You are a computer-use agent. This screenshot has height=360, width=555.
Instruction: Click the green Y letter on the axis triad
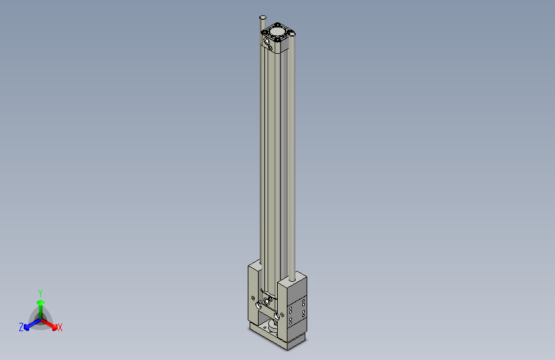[x=40, y=292]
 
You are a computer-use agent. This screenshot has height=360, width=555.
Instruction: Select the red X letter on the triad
[x=60, y=328]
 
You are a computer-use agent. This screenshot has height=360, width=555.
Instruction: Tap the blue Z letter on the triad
[x=21, y=327]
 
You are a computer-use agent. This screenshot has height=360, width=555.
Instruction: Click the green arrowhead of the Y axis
[x=40, y=301]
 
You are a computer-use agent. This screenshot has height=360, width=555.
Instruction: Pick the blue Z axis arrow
[x=29, y=325]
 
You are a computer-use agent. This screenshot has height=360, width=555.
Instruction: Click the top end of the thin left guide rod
[x=262, y=17]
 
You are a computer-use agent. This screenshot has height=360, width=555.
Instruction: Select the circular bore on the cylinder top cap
[x=279, y=30]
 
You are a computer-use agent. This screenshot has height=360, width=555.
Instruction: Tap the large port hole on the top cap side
[x=267, y=41]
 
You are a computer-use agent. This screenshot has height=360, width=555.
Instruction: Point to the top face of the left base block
[x=255, y=265]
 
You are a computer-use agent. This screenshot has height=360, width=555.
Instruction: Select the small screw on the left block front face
[x=253, y=298]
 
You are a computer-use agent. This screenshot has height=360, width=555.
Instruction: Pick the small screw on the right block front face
[x=282, y=316]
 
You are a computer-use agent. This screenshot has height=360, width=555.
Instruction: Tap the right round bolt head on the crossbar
[x=276, y=316]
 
